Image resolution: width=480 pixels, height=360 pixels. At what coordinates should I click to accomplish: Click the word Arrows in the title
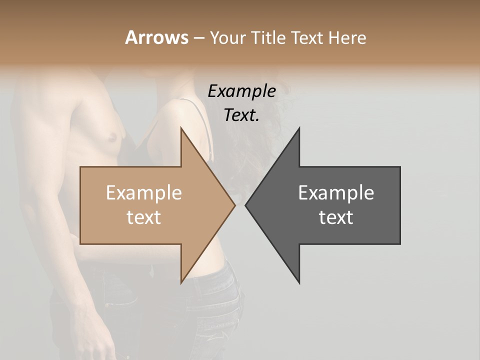(156, 37)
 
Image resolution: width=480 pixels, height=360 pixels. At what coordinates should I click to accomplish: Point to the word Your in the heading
(226, 37)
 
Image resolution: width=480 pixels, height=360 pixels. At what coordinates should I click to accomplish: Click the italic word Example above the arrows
(242, 91)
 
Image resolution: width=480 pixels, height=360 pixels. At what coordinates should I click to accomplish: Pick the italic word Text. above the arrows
(242, 115)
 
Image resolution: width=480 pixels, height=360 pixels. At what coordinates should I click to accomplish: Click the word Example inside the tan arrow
(144, 193)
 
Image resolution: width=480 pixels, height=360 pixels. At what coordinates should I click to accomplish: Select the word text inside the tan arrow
(144, 217)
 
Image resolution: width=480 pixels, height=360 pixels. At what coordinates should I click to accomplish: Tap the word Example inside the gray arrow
(336, 193)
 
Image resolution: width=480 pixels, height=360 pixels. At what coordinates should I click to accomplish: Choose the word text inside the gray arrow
(336, 217)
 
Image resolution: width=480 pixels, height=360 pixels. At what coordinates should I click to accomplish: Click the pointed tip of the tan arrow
(234, 205)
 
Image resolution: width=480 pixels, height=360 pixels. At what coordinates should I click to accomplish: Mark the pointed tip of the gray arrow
(246, 205)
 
